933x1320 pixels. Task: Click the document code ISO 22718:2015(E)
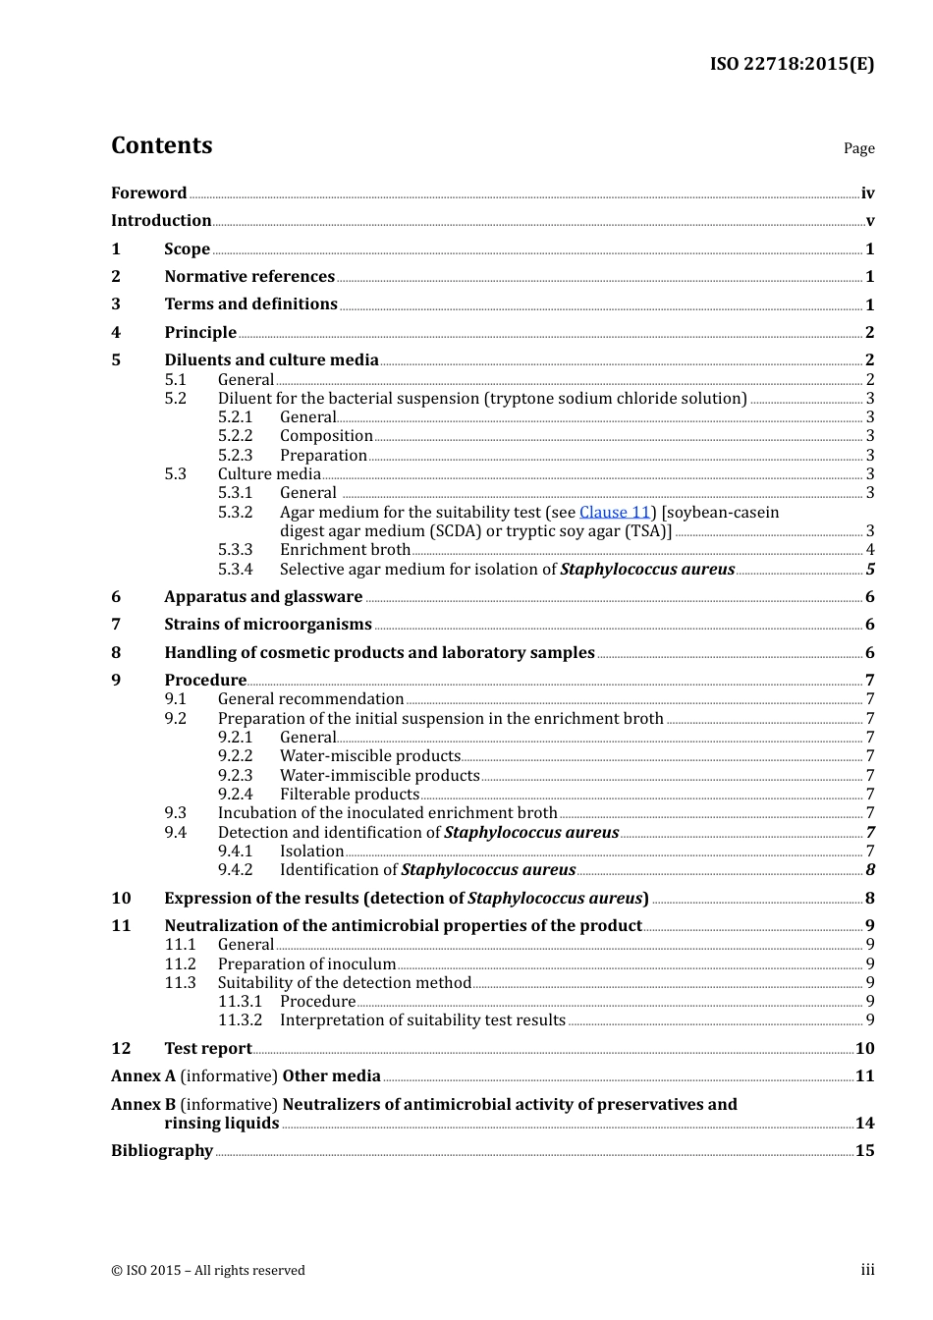[792, 64]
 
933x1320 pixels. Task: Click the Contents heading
[161, 145]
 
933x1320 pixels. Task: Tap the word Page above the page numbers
[858, 148]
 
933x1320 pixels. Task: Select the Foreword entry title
[148, 192]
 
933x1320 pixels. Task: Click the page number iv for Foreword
[867, 193]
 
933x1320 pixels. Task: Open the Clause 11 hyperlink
[615, 512]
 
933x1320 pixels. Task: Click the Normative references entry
[249, 277]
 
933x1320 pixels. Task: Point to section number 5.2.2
[235, 436]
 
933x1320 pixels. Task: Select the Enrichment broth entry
[345, 550]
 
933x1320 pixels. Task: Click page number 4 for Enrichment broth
[869, 550]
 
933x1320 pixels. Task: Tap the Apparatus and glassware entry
[263, 597]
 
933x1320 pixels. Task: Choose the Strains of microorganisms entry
[268, 625]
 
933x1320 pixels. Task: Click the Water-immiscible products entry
[379, 776]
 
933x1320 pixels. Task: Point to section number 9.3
[176, 813]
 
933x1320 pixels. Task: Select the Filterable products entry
[350, 795]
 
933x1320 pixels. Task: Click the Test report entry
[208, 1049]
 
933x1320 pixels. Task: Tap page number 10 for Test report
[864, 1049]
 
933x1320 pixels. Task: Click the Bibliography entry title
[162, 1151]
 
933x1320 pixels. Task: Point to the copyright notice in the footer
[208, 1270]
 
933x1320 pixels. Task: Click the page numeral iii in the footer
[867, 1270]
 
